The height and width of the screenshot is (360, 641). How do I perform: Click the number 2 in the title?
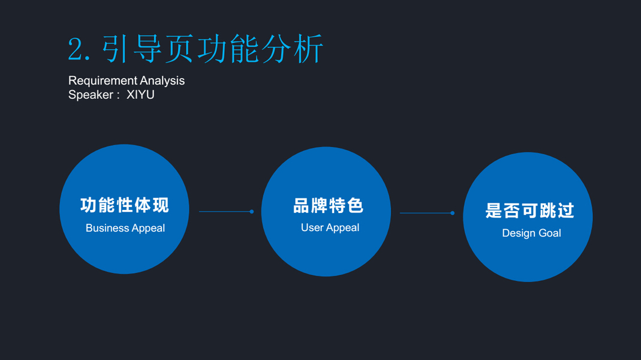coord(76,49)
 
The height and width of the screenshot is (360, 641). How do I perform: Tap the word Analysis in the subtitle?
coord(162,80)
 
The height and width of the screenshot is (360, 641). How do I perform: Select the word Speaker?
coord(91,95)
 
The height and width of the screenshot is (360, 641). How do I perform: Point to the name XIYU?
coord(140,95)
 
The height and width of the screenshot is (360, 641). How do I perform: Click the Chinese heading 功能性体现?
coord(125,205)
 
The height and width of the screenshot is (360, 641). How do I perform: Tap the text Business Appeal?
coord(125,228)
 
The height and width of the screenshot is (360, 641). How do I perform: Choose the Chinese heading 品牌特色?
coord(328,206)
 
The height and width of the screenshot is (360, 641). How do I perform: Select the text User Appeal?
coord(330,227)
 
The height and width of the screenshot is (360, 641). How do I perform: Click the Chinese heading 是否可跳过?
coord(529,211)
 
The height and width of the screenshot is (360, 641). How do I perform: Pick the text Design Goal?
coord(531,233)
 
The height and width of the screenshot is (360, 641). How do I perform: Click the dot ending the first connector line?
coord(252,212)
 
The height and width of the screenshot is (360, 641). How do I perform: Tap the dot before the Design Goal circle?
coord(453,213)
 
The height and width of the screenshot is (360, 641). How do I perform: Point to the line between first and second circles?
coord(225,212)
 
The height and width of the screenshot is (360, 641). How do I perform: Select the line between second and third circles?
coord(426,213)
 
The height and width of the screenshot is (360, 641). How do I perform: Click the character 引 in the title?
coord(115,49)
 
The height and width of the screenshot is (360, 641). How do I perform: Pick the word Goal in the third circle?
coord(549,233)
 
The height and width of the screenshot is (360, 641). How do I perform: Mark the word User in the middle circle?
coord(312,227)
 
